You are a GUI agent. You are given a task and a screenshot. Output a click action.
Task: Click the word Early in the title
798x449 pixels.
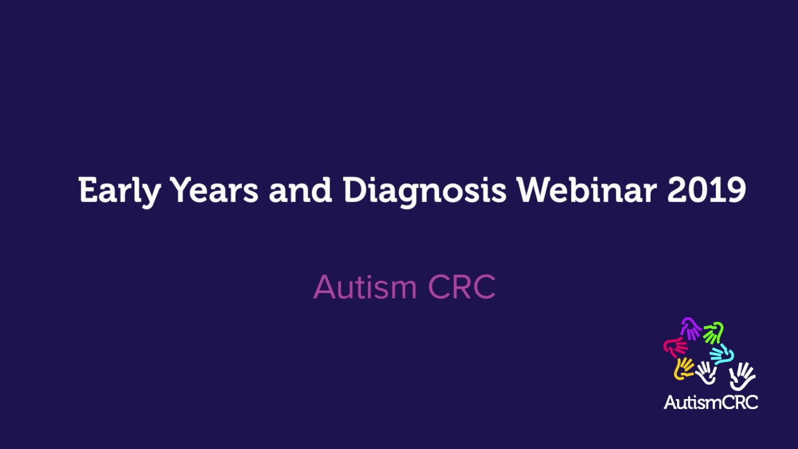(x=119, y=190)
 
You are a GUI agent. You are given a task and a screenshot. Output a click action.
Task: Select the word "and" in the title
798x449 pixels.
(x=300, y=190)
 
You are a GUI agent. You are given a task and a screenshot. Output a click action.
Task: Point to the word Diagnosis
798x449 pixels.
(x=425, y=190)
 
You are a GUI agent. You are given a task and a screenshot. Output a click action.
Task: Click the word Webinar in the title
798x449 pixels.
(x=586, y=190)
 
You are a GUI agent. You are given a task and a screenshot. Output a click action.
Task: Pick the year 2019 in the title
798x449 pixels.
(x=706, y=190)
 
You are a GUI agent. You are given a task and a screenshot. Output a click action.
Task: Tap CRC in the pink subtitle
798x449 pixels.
(x=462, y=287)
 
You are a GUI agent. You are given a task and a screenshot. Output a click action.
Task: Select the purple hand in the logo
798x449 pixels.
(x=691, y=328)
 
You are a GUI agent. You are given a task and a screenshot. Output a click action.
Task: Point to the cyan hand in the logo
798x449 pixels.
(x=722, y=354)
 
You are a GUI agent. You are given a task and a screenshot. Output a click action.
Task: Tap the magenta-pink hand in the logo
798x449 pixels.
(x=675, y=346)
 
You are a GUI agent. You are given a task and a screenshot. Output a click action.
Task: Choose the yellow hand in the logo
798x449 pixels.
(x=684, y=368)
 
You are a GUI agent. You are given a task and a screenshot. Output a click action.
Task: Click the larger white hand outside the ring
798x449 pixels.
(x=742, y=376)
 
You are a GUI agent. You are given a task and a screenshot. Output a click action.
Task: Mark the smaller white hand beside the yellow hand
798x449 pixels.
(x=706, y=372)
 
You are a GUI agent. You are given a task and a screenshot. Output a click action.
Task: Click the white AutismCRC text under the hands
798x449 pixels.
(x=711, y=402)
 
